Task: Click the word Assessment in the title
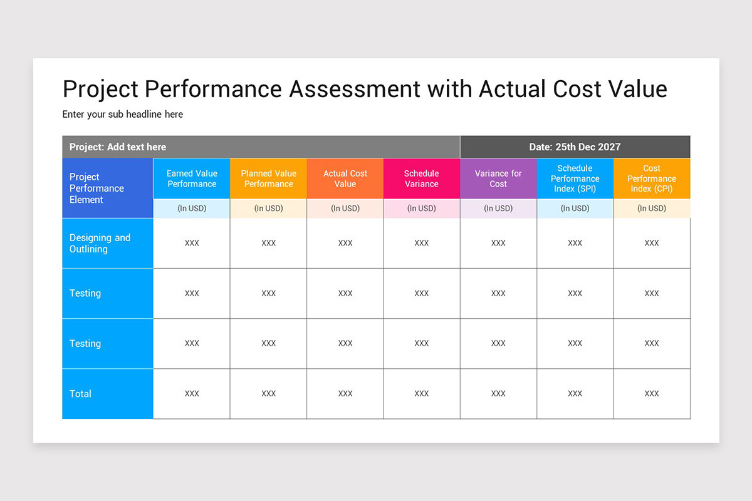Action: [354, 89]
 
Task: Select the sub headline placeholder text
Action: [123, 114]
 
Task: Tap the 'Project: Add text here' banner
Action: [118, 147]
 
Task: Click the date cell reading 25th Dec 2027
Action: [575, 147]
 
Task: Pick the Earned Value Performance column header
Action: [192, 178]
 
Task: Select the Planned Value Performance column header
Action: [268, 178]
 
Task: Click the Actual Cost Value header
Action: [345, 178]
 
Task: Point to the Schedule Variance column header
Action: [422, 178]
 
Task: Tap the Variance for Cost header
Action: [498, 178]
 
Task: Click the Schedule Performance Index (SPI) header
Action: [575, 178]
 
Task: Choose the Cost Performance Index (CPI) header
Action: [652, 178]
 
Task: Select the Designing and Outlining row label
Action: [100, 243]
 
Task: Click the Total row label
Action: [81, 394]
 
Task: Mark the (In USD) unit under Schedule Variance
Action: [422, 209]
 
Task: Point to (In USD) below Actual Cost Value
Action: [345, 209]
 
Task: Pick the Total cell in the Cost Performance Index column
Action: [652, 394]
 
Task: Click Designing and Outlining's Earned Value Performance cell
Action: [192, 243]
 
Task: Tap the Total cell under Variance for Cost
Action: [498, 394]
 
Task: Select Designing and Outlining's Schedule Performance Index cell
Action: [575, 243]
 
